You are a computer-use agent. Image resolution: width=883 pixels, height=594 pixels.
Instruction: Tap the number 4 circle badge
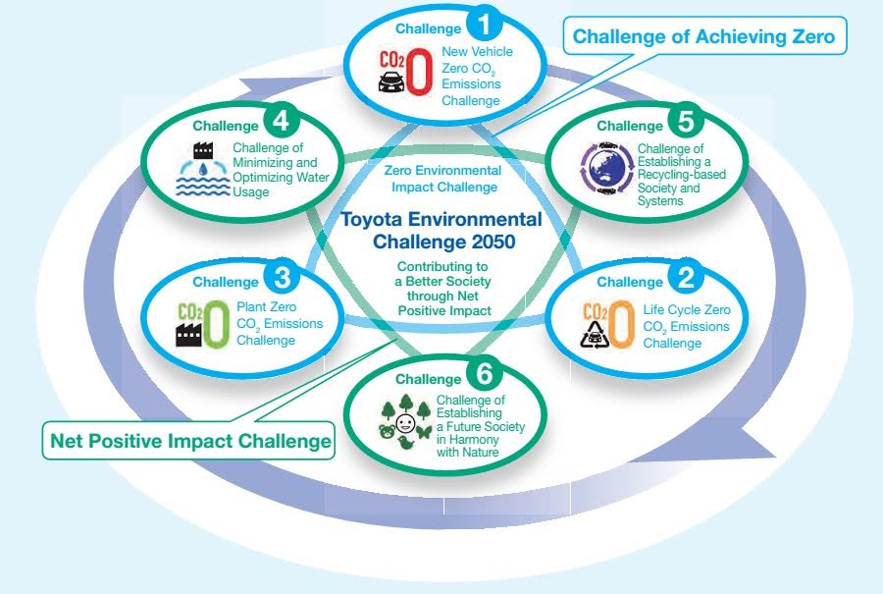tap(281, 121)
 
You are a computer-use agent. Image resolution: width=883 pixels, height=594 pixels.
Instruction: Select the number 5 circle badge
tap(686, 121)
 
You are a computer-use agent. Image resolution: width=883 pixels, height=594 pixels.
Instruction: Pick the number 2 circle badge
tap(686, 277)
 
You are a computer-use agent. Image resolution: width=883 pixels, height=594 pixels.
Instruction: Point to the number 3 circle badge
tap(281, 277)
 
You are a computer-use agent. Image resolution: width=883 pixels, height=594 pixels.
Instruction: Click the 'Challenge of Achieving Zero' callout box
tap(704, 36)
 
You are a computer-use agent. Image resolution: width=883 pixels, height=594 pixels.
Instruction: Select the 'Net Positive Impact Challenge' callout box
tap(189, 441)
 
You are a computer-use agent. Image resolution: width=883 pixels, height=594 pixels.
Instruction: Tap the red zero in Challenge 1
tap(420, 71)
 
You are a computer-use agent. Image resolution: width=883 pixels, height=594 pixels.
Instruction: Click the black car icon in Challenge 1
tap(391, 82)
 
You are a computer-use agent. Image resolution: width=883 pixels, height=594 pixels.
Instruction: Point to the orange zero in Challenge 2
tap(622, 324)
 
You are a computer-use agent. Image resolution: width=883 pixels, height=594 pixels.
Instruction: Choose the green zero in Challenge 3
tap(217, 323)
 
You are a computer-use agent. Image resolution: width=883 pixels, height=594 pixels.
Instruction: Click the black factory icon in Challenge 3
tap(189, 334)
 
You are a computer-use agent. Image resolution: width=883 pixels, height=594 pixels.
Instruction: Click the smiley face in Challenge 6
tap(405, 423)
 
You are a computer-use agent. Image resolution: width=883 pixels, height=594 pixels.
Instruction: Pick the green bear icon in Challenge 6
tap(388, 432)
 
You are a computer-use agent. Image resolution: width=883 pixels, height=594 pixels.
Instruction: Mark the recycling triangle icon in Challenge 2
tap(595, 334)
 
